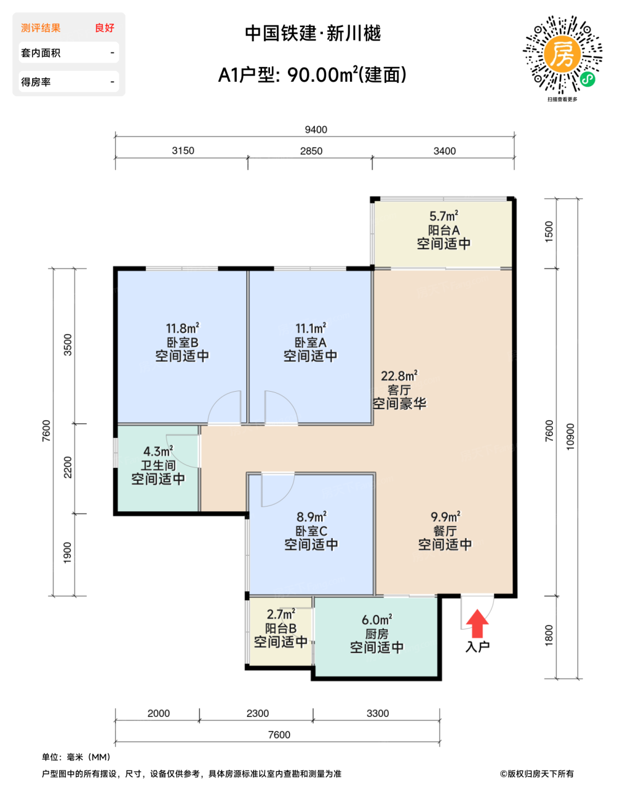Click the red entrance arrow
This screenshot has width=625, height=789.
(x=477, y=623)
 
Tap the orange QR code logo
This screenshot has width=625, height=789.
(x=562, y=54)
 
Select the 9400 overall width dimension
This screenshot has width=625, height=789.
(x=316, y=130)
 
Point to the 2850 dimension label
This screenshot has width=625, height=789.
(x=311, y=151)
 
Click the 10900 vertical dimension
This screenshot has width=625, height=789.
(x=570, y=437)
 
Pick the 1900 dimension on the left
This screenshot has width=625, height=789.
(x=68, y=553)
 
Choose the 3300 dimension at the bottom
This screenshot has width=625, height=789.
(x=378, y=713)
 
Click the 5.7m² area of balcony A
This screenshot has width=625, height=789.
(x=444, y=216)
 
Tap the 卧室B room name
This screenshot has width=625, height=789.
(x=182, y=343)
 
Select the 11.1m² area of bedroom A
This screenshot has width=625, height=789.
(x=311, y=328)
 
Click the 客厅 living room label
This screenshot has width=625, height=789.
(x=399, y=390)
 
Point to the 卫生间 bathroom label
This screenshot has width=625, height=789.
(x=158, y=466)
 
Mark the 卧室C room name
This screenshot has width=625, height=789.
(x=311, y=531)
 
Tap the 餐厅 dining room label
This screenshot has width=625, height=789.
(x=445, y=531)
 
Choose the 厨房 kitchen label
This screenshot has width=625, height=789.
(x=376, y=634)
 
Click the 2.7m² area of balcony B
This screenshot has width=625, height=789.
(x=281, y=614)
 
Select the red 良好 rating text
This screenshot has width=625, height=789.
(x=104, y=28)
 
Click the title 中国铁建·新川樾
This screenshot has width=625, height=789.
(x=313, y=33)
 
